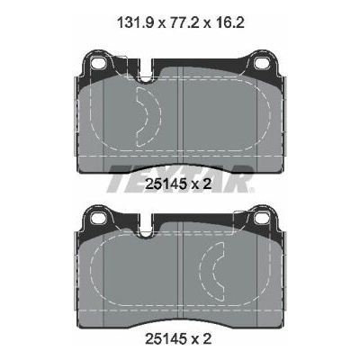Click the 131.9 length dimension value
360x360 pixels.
click(136, 22)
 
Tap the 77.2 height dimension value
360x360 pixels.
click(184, 22)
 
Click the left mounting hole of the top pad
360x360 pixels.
click(97, 63)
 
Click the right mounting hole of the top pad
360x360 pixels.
click(260, 63)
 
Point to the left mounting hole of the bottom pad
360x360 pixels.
click(97, 217)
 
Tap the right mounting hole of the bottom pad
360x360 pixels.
click(260, 217)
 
